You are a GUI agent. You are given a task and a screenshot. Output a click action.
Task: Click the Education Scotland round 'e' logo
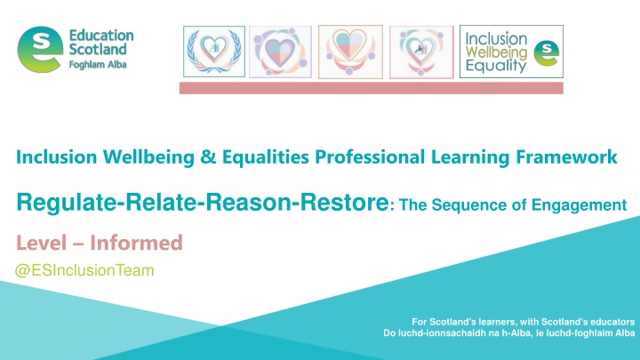point(40,50)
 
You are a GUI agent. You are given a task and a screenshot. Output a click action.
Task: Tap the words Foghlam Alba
point(98,65)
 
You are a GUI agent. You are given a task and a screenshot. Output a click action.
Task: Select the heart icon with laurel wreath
point(214,52)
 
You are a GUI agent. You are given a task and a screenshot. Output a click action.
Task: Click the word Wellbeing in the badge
point(496,52)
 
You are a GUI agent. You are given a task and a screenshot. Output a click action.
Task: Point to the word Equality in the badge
point(496,66)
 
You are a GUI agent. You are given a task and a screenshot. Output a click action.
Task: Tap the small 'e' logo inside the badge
point(546,53)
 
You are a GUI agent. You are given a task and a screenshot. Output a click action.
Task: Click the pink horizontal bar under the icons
point(371,88)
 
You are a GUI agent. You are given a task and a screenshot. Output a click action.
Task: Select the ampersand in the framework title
point(208,157)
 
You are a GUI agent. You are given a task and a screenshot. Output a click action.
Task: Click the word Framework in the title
point(566,157)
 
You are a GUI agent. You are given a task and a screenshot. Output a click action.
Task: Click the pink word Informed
point(136,243)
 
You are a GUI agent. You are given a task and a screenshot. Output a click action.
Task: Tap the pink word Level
point(41,243)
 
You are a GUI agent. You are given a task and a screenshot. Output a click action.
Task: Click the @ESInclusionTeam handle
point(84,270)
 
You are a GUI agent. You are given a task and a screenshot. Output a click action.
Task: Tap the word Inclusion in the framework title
point(56,157)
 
